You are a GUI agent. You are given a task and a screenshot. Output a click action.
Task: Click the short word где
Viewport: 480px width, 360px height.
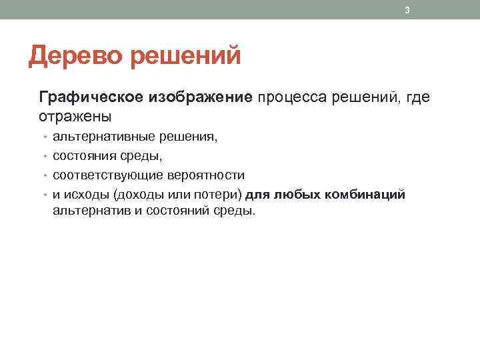[x=417, y=98]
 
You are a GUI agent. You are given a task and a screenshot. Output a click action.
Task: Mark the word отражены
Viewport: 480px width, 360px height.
[x=75, y=117]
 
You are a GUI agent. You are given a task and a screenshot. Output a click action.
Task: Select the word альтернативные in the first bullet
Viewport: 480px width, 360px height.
[x=104, y=137]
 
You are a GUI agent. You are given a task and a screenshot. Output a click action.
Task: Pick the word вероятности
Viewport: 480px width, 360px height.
[x=206, y=175]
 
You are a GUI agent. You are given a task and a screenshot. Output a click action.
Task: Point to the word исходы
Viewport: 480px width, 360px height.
[x=86, y=195]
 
